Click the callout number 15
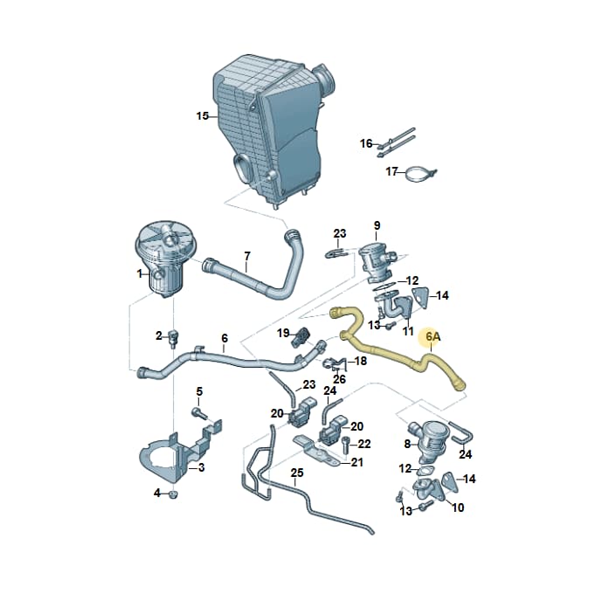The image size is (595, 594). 203,115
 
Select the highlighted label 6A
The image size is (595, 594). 433,336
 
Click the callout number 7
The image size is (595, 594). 247,257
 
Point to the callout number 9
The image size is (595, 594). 377,225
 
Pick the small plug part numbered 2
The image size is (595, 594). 175,338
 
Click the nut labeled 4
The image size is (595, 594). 173,494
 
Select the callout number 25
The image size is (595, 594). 297,473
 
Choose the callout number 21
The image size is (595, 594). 356,462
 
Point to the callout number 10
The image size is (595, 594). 458,508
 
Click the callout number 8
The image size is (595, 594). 407,444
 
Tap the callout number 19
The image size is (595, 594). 283,333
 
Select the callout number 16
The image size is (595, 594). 366,143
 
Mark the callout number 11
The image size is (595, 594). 408,331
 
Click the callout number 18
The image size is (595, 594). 360,361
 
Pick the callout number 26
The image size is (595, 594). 339,378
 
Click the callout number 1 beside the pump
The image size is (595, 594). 139,273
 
